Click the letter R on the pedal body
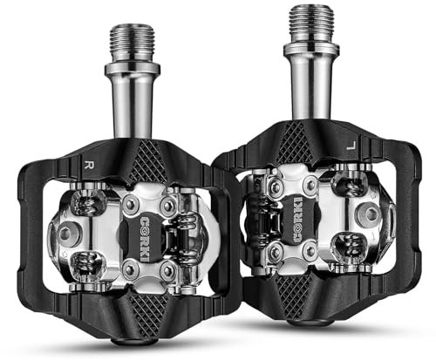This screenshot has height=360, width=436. (87, 164)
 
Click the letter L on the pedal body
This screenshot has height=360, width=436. (351, 145)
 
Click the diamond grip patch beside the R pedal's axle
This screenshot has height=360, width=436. (149, 162)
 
